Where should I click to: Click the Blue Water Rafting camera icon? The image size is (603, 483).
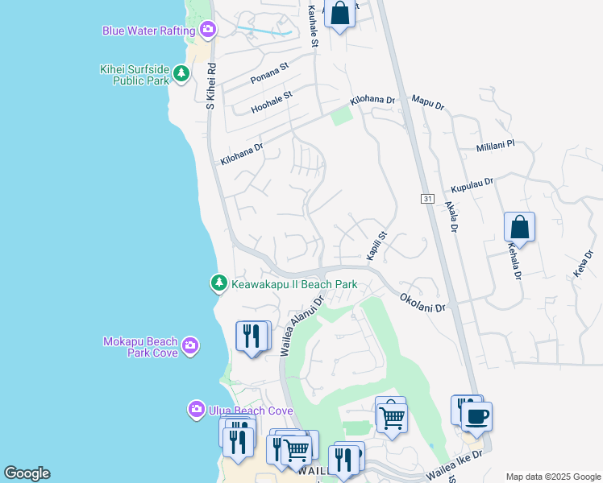pyautogui.click(x=208, y=31)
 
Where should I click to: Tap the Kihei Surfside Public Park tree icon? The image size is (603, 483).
pyautogui.click(x=182, y=74)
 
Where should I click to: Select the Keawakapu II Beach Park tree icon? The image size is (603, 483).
pyautogui.click(x=218, y=283)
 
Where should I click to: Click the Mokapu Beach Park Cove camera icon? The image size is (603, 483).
pyautogui.click(x=189, y=346)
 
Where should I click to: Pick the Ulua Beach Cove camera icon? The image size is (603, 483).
pyautogui.click(x=196, y=411)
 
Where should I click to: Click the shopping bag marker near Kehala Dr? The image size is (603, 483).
pyautogui.click(x=520, y=227)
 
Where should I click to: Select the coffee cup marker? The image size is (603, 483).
pyautogui.click(x=476, y=417)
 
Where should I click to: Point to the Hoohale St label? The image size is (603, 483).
pyautogui.click(x=272, y=100)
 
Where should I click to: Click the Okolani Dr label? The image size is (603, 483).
pyautogui.click(x=422, y=302)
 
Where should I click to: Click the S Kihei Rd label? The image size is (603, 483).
pyautogui.click(x=211, y=84)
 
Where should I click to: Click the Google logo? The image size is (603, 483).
pyautogui.click(x=27, y=473)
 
